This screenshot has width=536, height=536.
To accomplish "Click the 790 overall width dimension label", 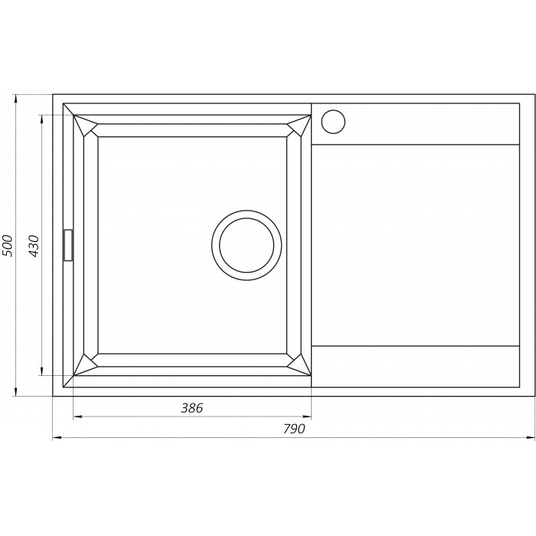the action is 294,428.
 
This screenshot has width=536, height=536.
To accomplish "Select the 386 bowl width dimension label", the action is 191,408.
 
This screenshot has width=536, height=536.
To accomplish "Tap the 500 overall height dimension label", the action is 7,246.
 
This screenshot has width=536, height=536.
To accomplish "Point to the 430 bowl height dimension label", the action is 34,246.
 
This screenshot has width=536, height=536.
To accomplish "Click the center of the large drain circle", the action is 247,246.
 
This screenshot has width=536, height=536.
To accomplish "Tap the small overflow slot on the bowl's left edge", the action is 68,245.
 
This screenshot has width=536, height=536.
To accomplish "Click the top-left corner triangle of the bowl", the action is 85,125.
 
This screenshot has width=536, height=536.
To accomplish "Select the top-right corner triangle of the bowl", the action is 299,125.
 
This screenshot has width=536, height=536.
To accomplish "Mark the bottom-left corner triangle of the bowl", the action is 85,365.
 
